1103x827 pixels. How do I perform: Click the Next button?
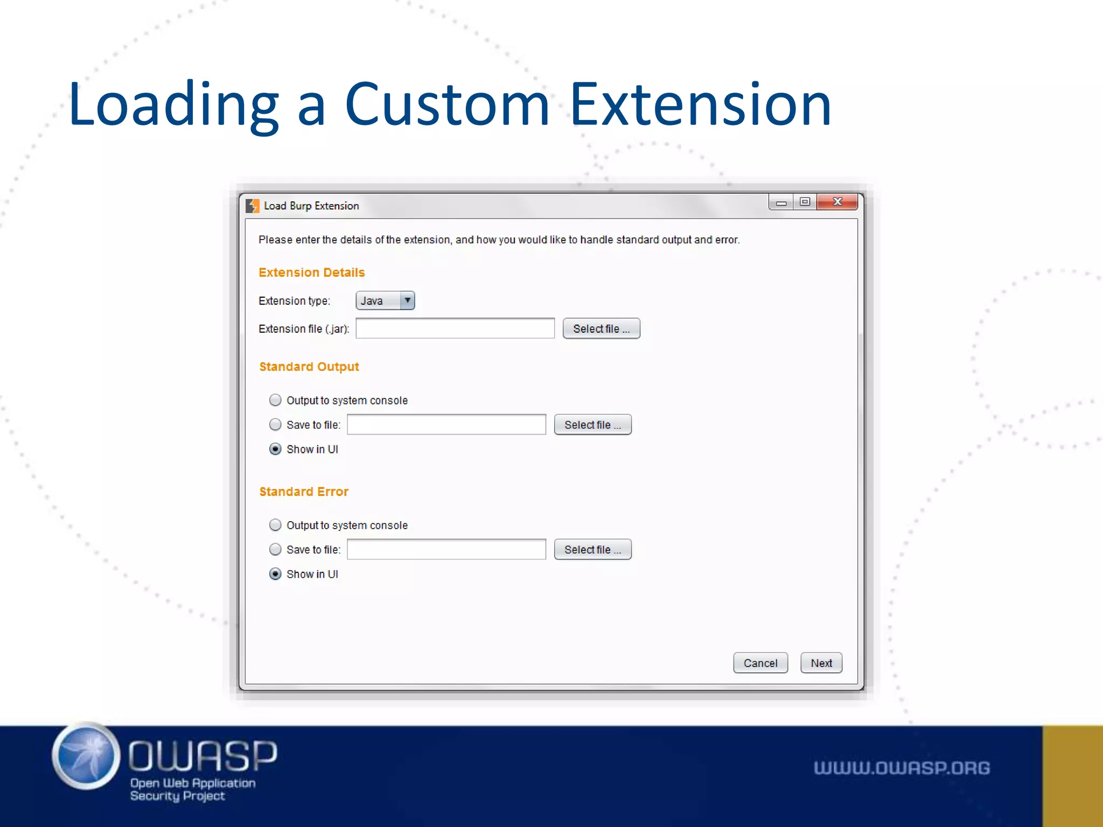click(821, 663)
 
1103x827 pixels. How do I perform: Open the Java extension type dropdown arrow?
click(408, 300)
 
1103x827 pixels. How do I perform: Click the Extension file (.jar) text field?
click(455, 328)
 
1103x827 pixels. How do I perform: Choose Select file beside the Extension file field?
click(601, 328)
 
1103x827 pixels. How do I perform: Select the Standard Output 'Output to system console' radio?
click(275, 400)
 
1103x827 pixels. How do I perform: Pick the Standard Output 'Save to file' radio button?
click(275, 425)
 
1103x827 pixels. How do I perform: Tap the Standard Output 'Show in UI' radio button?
click(275, 449)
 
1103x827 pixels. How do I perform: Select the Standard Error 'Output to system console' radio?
click(275, 525)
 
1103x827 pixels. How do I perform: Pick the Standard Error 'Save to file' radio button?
click(275, 550)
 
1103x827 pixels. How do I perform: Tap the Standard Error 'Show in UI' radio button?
click(275, 574)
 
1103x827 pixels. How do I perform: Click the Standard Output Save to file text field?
click(446, 425)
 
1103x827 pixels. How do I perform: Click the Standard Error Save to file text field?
click(446, 550)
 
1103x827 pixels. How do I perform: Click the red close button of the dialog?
click(837, 202)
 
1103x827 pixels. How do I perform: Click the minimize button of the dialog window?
click(781, 202)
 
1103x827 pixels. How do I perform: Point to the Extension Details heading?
click(311, 272)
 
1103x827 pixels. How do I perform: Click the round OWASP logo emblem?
click(86, 756)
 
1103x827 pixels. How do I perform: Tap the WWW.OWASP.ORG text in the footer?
click(902, 768)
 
